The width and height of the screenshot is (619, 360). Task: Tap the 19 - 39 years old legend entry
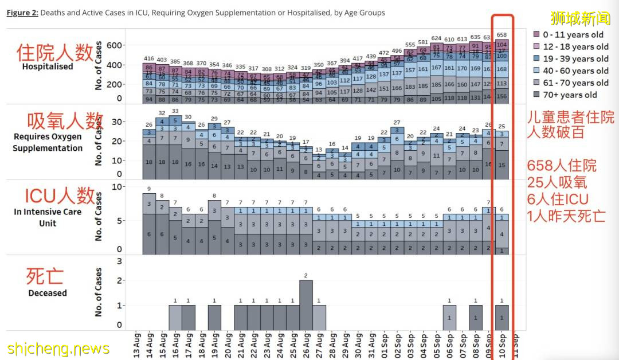tap(571, 59)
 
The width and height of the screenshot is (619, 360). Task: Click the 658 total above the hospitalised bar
tap(502, 35)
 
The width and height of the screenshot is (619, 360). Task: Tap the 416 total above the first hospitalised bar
tap(149, 58)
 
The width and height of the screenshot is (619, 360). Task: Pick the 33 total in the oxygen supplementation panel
tap(175, 111)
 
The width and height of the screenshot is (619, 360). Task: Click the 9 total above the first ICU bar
tap(149, 189)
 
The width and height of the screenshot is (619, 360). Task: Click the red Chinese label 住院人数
tap(54, 53)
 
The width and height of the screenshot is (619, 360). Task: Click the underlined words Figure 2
tap(22, 13)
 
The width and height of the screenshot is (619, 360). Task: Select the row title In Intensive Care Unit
tap(48, 217)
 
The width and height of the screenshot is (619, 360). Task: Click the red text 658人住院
tap(562, 166)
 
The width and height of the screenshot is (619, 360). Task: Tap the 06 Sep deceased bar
tap(450, 318)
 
